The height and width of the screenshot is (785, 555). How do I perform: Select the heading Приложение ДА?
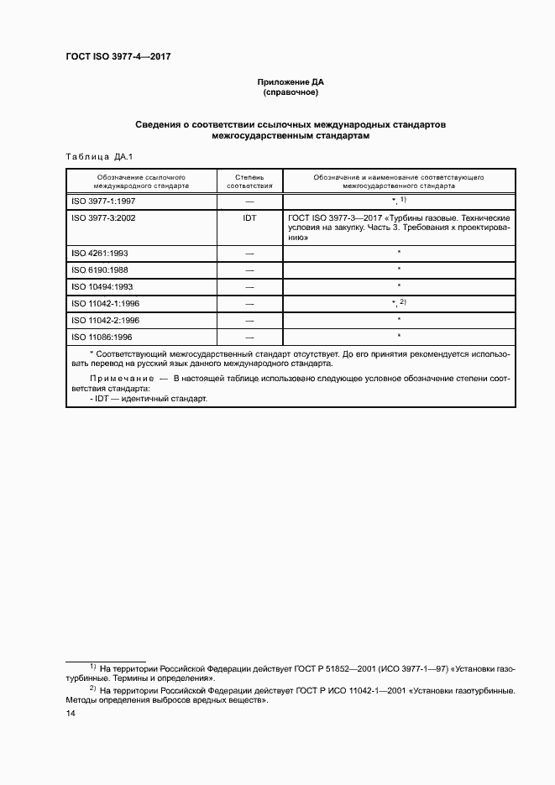click(290, 82)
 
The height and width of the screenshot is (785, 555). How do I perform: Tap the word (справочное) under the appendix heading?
click(291, 92)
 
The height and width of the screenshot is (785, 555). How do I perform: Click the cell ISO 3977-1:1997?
click(104, 201)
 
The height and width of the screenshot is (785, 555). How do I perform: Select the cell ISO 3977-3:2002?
click(104, 217)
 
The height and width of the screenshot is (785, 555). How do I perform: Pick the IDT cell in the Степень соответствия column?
click(249, 217)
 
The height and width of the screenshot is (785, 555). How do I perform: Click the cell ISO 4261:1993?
click(100, 253)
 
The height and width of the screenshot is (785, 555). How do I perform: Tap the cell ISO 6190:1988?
click(100, 270)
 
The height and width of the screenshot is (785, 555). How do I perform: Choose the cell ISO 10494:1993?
click(102, 286)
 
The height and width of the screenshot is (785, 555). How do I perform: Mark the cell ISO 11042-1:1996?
click(106, 303)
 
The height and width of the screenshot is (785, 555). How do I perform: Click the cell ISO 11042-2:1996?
click(106, 320)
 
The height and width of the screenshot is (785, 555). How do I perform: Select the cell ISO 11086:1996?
click(102, 337)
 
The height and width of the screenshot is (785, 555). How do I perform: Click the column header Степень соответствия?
click(249, 181)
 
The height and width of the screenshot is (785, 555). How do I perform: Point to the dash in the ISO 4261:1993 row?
click(249, 253)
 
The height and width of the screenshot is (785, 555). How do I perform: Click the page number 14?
click(71, 713)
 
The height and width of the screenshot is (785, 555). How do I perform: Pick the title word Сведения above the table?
click(162, 124)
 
